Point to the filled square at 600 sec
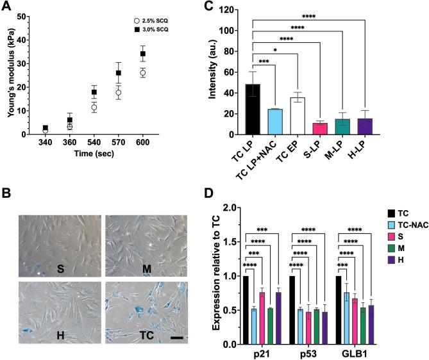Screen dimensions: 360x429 [143, 54]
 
